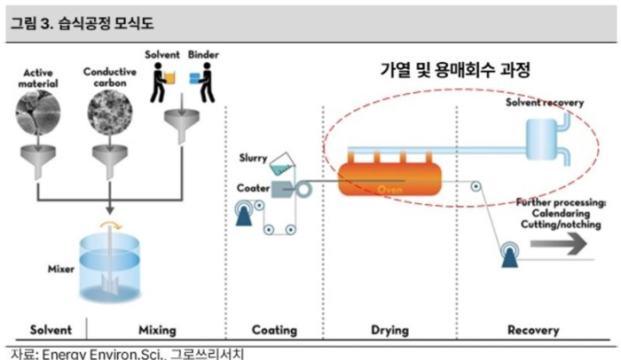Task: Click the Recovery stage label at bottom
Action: pos(533,330)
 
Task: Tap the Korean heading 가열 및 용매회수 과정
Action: pos(454,69)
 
